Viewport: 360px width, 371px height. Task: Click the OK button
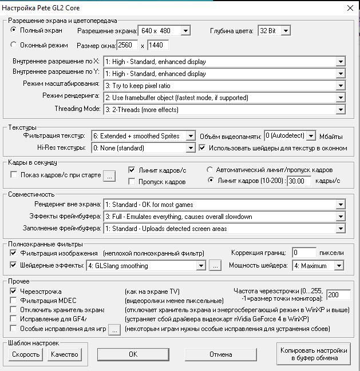(x=133, y=354)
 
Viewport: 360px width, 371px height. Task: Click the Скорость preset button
(x=25, y=354)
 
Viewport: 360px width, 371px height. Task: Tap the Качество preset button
(x=64, y=354)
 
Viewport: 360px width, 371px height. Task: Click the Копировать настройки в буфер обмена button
(x=313, y=354)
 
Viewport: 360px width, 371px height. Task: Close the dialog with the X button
(x=350, y=7)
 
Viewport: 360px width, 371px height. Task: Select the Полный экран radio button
(x=14, y=30)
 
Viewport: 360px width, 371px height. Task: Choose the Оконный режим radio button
(x=14, y=45)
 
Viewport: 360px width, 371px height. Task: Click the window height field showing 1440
(x=161, y=45)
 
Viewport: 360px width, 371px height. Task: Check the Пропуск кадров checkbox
(x=132, y=181)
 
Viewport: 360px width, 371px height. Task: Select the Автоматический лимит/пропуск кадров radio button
(x=210, y=170)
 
